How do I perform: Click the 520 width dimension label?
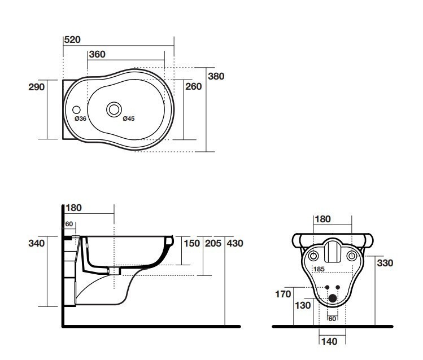(72, 39)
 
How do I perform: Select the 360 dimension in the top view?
(97, 54)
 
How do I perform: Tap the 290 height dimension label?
(36, 87)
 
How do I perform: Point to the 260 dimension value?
(193, 86)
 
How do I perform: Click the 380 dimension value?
(216, 76)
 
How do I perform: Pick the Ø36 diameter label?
(80, 118)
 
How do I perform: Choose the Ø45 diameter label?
(129, 118)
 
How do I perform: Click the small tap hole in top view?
(76, 110)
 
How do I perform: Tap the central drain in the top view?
(114, 109)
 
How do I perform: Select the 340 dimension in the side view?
(36, 243)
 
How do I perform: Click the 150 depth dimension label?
(192, 243)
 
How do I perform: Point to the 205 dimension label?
(213, 243)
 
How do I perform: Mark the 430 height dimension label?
(235, 243)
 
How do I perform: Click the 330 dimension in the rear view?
(385, 263)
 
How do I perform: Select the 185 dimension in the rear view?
(319, 269)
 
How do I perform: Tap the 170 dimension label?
(283, 294)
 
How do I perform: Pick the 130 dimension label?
(303, 306)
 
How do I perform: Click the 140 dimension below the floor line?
(329, 342)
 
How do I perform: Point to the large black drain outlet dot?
(332, 298)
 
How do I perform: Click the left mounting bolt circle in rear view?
(313, 256)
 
